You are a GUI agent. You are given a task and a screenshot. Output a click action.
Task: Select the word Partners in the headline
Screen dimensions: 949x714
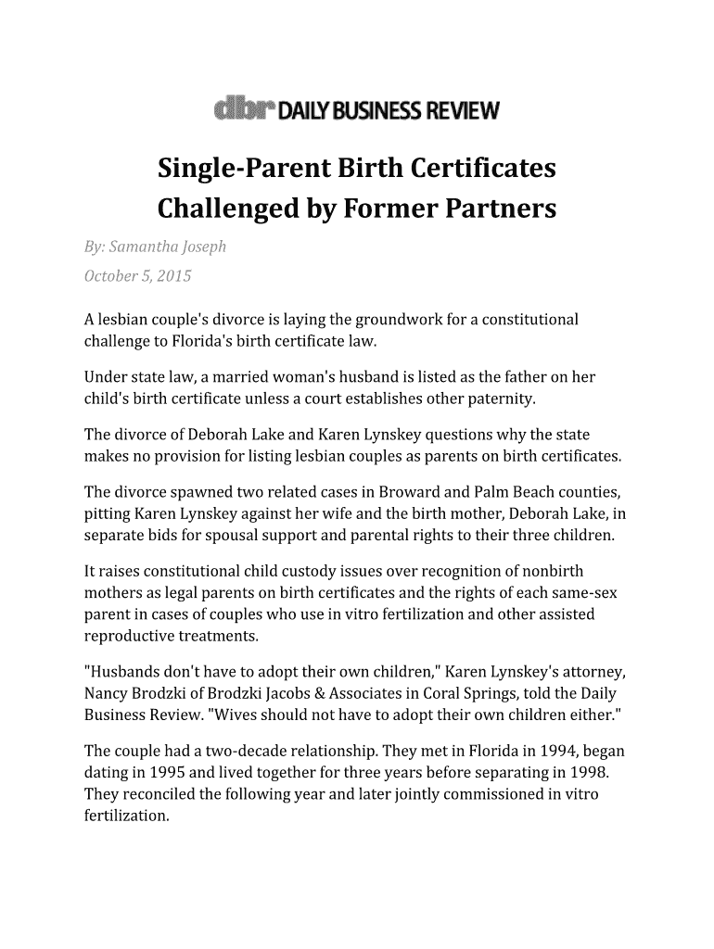point(505,209)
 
